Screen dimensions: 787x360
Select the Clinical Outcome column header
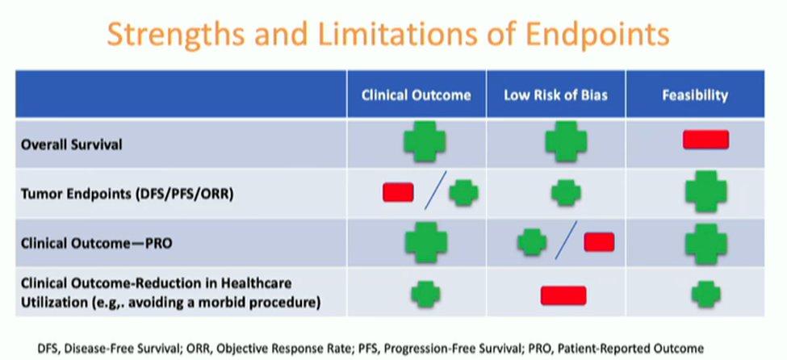coord(416,95)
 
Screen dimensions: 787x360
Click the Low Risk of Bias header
coord(555,95)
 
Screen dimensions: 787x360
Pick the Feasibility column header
coord(695,95)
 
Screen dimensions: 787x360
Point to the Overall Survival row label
coord(71,145)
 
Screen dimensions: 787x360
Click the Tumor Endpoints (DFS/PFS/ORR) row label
coord(127,194)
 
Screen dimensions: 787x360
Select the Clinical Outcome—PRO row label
coord(96,243)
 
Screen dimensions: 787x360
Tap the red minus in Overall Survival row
coord(705,140)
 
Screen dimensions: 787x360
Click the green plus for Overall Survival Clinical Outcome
coord(425,141)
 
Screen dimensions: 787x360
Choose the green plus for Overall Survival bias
coord(566,141)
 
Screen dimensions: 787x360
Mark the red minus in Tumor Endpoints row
coord(398,192)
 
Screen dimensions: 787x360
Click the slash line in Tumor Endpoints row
coord(435,190)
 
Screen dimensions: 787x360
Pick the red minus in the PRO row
coord(599,242)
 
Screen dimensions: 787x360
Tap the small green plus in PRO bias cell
coord(532,242)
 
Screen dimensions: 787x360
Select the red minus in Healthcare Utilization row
coord(563,295)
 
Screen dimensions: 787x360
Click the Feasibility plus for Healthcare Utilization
coord(705,295)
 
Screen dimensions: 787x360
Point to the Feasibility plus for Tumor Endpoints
coord(705,191)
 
